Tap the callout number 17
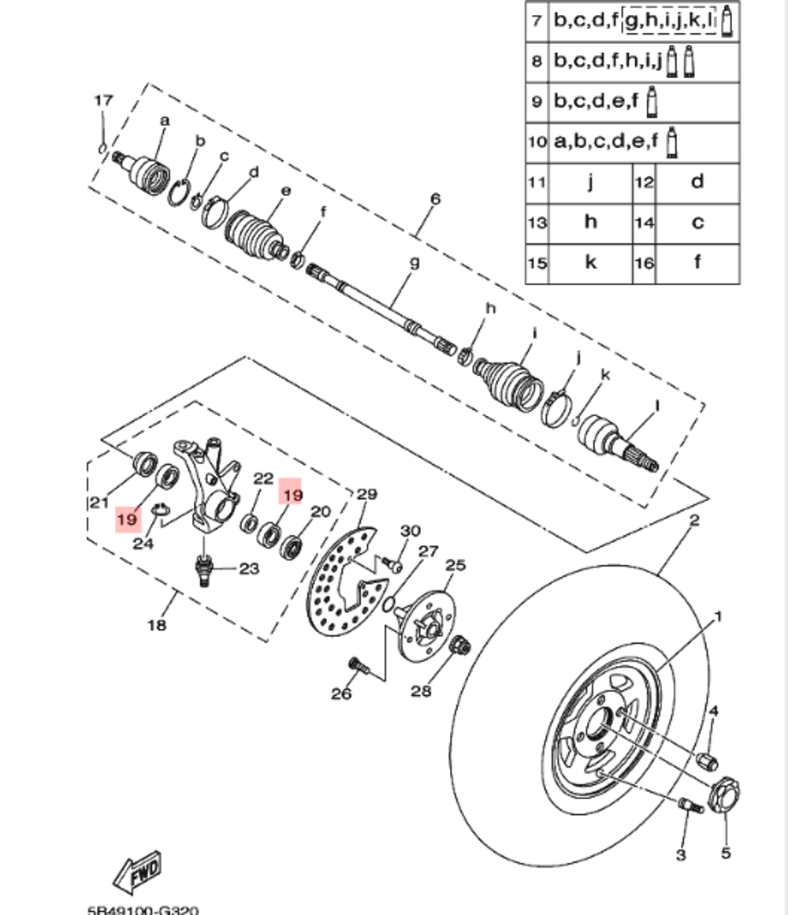coord(103,101)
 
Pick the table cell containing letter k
coord(590,262)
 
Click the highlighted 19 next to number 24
coord(127,520)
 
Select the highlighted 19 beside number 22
coord(293,494)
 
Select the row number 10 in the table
coord(537,143)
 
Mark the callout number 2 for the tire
coord(694,521)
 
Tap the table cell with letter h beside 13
coord(590,222)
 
